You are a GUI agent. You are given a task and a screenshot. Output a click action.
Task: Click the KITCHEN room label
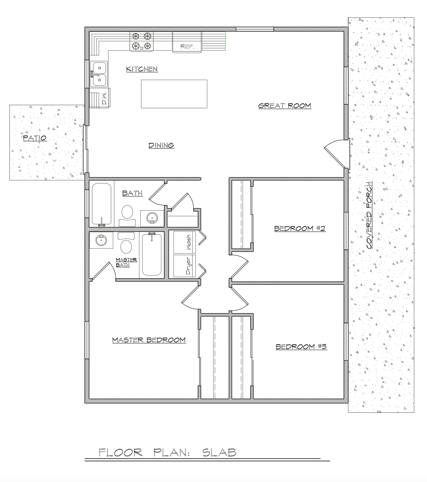[x=142, y=69]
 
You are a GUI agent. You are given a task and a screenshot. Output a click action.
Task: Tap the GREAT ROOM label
[x=285, y=106]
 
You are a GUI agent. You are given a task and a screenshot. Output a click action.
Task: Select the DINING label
[x=161, y=145]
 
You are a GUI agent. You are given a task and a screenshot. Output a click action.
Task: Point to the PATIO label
[x=35, y=138]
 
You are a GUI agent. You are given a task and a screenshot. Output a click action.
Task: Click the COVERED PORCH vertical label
[x=369, y=215]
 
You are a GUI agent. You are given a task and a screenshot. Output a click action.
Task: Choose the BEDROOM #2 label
[x=300, y=229]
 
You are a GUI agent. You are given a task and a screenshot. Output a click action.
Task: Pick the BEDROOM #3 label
[x=301, y=347]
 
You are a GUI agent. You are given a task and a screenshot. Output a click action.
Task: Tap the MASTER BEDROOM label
[x=149, y=340]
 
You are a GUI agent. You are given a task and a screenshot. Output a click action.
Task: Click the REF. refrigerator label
[x=187, y=47]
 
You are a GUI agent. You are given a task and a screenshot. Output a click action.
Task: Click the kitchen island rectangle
[x=174, y=94]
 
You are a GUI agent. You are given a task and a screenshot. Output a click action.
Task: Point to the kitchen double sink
[x=99, y=74]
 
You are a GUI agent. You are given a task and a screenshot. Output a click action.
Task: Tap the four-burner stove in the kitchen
[x=141, y=41]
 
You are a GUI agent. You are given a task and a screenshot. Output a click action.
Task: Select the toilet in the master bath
[x=126, y=243]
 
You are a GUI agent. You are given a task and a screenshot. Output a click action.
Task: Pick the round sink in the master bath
[x=101, y=241]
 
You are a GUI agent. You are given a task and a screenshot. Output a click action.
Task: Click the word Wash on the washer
[x=189, y=242]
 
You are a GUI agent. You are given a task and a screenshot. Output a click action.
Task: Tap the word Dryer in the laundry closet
[x=189, y=266]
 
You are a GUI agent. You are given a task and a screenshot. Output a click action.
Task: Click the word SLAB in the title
[x=219, y=453]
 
